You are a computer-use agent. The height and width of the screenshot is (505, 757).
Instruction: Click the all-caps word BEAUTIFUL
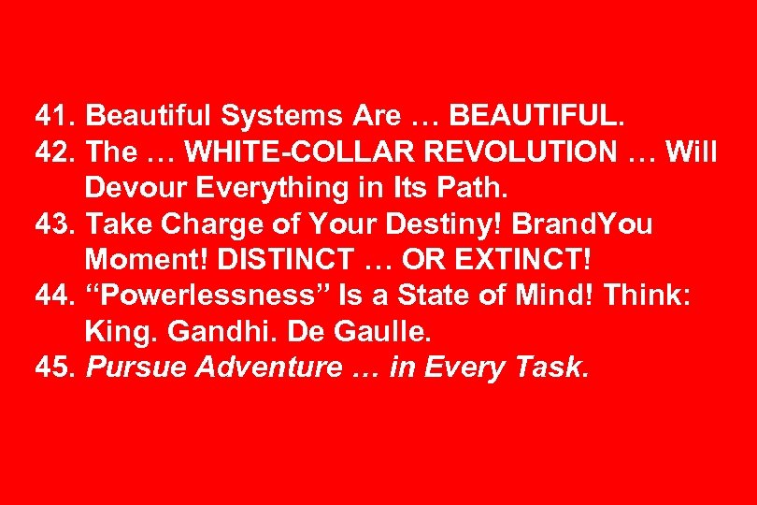[534, 116]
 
